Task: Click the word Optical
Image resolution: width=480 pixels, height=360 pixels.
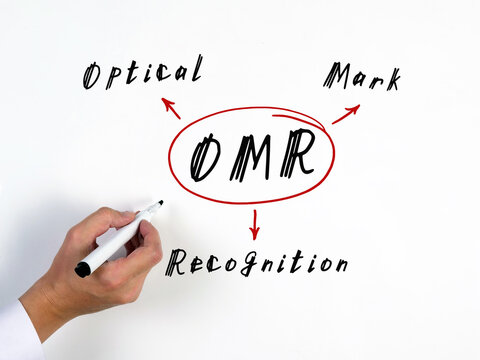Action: (142, 73)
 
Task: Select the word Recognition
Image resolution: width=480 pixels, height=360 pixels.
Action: (257, 263)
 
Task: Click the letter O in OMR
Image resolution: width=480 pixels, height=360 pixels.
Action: (205, 157)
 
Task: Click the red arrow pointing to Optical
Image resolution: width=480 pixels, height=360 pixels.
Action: (171, 108)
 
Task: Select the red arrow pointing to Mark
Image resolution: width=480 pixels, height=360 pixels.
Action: (346, 114)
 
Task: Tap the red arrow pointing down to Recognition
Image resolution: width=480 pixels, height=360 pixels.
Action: (255, 224)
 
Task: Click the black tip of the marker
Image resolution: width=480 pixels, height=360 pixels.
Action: (158, 203)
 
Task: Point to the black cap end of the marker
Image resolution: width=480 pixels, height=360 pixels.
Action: (82, 269)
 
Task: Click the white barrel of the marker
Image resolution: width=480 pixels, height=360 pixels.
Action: (115, 240)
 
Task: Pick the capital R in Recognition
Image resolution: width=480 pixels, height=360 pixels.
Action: (176, 263)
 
